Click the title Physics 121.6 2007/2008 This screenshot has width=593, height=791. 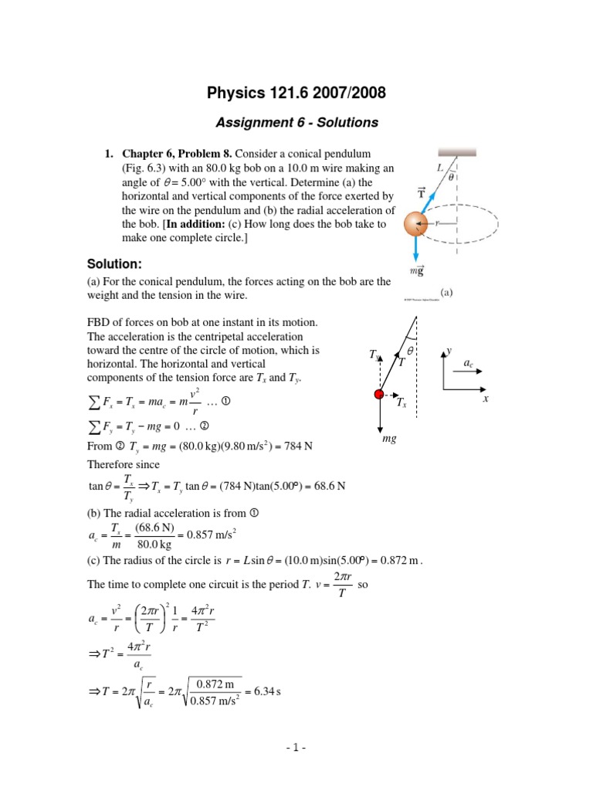pos(296,94)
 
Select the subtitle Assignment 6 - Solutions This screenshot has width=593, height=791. pos(296,122)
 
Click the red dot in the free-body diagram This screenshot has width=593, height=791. pos(378,395)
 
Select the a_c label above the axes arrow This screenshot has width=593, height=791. pos(468,362)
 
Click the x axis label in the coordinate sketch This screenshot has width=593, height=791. pos(486,399)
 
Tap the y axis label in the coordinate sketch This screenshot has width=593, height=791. pos(448,351)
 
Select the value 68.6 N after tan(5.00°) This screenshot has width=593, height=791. pos(329,486)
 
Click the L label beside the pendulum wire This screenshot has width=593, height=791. pos(439,167)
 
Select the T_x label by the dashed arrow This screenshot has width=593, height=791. pos(401,402)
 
